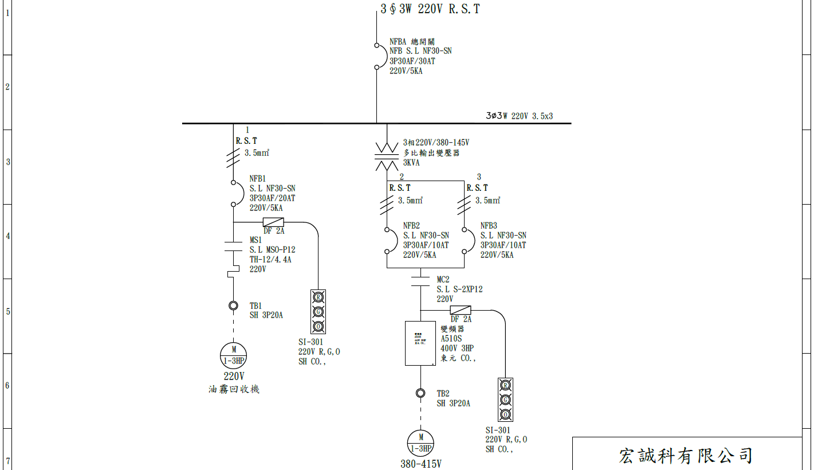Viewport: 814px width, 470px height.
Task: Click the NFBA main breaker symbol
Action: [x=377, y=56]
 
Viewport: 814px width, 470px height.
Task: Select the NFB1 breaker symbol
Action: [x=234, y=193]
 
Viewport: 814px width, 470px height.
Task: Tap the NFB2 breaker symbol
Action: [x=388, y=240]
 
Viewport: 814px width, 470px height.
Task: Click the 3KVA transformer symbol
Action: [x=387, y=155]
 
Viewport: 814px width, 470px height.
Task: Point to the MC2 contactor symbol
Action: [x=420, y=280]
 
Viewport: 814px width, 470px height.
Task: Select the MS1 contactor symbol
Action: [x=234, y=247]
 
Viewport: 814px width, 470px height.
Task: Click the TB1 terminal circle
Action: [x=234, y=305]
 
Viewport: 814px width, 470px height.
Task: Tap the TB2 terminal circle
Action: [x=420, y=393]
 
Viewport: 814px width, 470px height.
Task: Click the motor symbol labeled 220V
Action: [x=234, y=355]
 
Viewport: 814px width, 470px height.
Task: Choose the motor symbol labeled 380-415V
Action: [x=420, y=443]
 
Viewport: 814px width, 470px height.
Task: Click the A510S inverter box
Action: [x=420, y=343]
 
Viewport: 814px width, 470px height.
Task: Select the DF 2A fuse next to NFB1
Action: [x=273, y=222]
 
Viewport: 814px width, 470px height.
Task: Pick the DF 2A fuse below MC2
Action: [x=461, y=310]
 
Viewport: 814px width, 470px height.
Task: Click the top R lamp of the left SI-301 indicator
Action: [x=318, y=297]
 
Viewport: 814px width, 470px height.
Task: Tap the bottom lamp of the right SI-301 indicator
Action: [x=505, y=414]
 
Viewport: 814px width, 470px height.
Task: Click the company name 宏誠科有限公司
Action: [x=686, y=456]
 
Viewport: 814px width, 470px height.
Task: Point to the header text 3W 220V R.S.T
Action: [x=430, y=9]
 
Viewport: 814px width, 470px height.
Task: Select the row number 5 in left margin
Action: [x=7, y=312]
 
